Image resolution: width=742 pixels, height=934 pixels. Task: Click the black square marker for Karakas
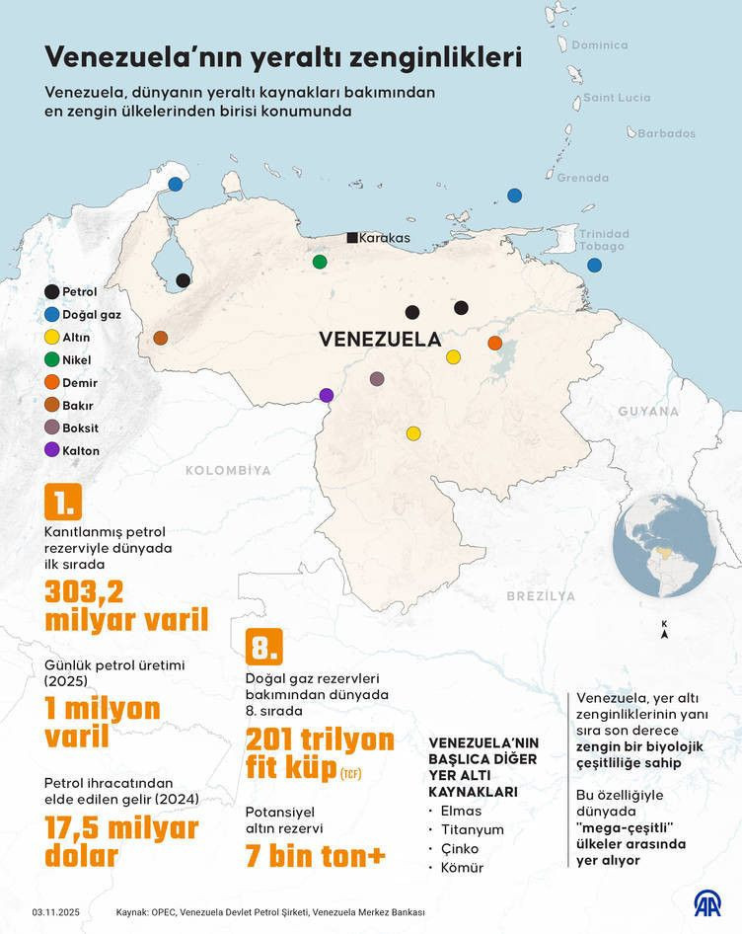[352, 237]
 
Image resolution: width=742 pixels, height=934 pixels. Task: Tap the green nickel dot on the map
[319, 262]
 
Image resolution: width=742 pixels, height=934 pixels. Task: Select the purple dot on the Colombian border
[327, 395]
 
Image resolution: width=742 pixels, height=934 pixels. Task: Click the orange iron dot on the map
[495, 343]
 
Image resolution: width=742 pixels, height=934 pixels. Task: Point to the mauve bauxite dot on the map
[377, 378]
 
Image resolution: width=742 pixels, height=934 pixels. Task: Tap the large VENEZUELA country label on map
[380, 339]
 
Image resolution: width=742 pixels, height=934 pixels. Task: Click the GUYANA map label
[649, 411]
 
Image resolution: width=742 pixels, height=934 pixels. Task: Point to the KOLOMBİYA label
[227, 471]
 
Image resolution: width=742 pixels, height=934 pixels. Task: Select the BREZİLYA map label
[541, 596]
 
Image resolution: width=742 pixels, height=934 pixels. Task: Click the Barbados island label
[666, 133]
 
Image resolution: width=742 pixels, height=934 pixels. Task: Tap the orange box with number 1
[62, 502]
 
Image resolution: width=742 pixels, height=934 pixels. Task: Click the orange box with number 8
[263, 646]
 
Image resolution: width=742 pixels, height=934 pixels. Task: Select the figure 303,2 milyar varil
[126, 605]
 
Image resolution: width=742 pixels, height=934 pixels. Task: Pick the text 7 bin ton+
[315, 855]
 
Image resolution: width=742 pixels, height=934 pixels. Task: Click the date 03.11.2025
[55, 912]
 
